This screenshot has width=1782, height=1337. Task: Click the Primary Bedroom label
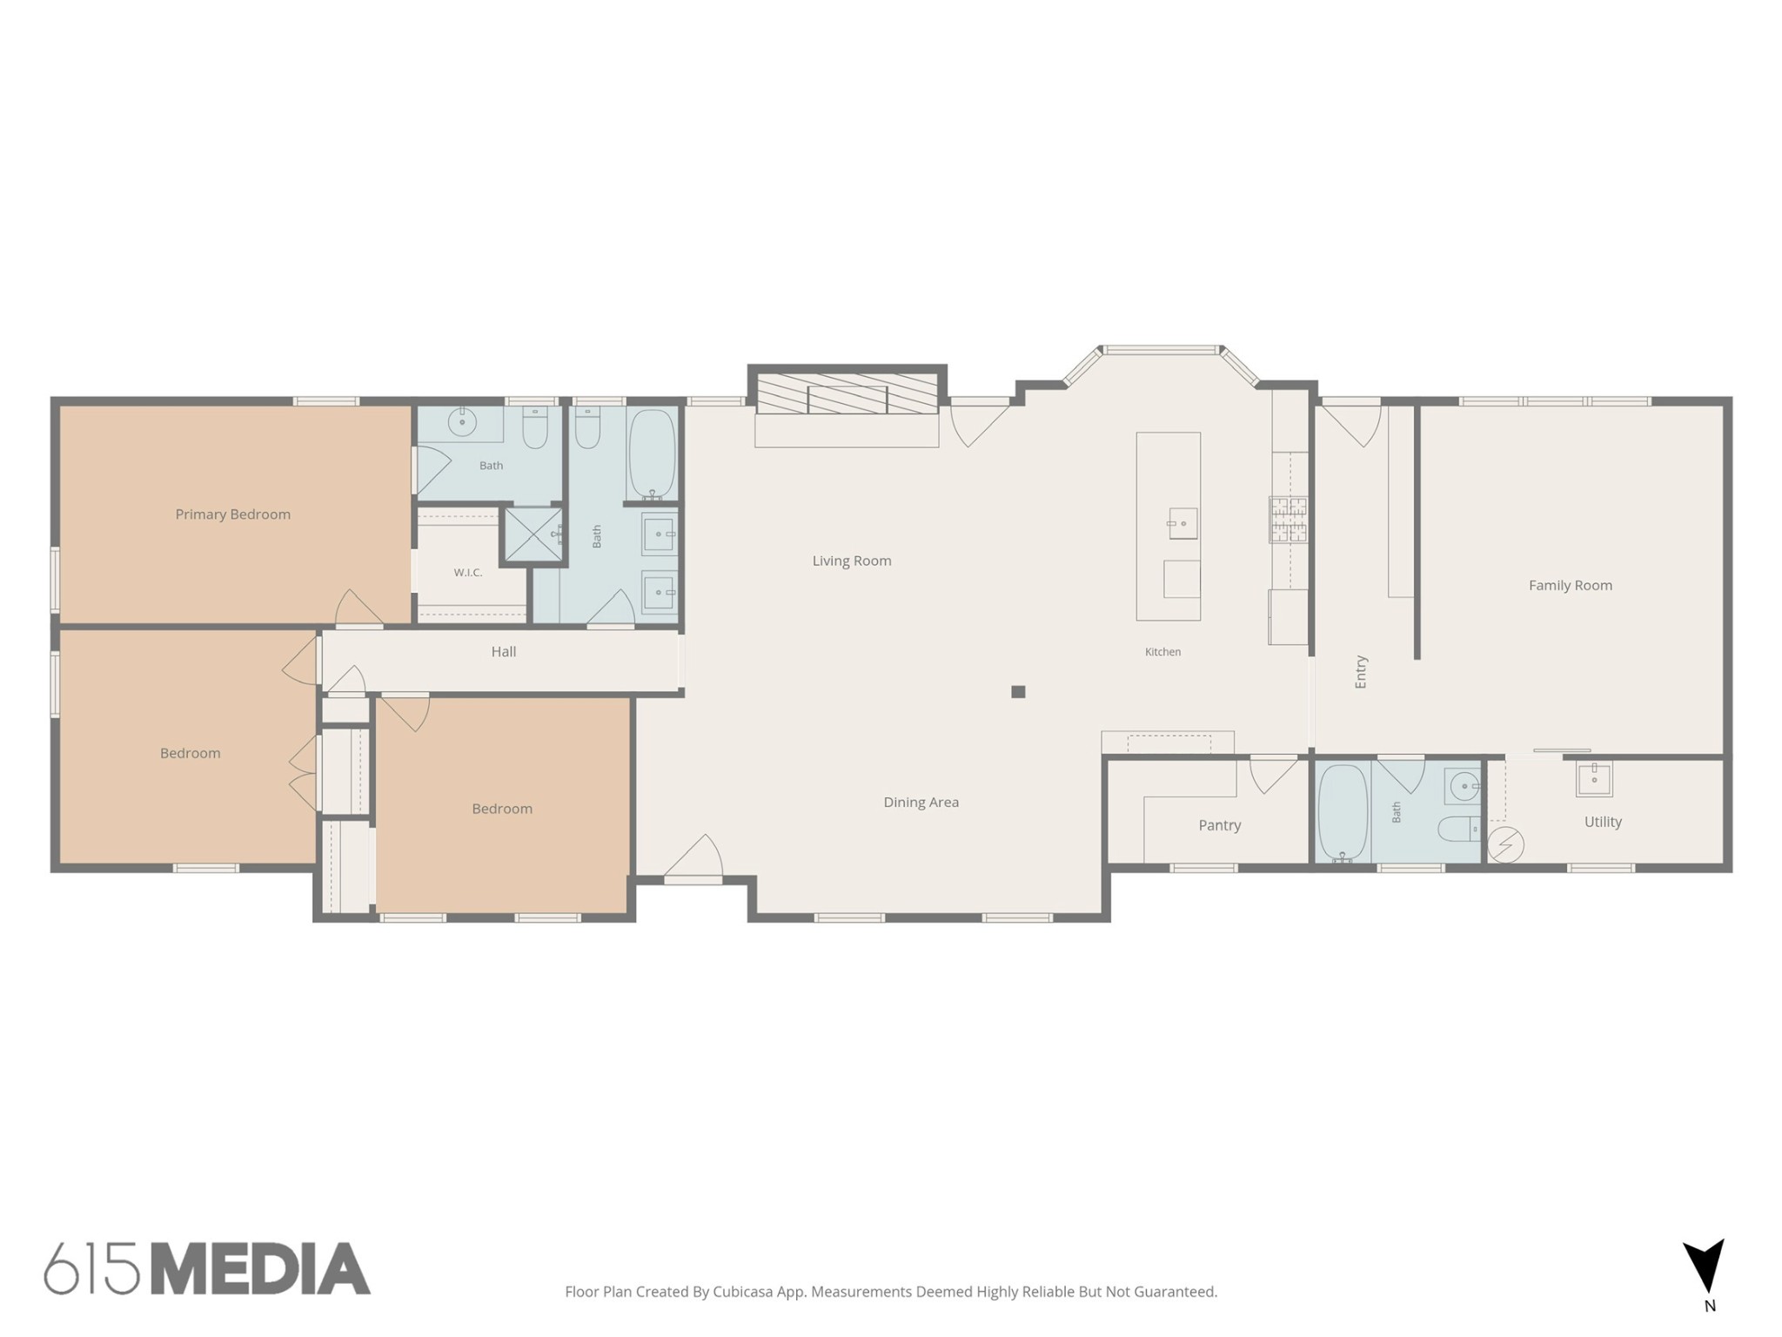(x=233, y=514)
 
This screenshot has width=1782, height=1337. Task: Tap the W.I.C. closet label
(x=468, y=573)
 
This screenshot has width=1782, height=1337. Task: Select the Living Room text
(x=852, y=561)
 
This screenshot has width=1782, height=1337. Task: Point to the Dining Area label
(x=921, y=803)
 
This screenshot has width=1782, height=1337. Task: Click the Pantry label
(x=1220, y=825)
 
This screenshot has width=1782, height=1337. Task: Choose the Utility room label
(x=1603, y=822)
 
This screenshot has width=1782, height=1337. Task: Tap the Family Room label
(x=1571, y=586)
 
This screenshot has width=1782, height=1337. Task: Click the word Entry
(x=1362, y=672)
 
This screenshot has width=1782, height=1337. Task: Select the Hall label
(x=504, y=651)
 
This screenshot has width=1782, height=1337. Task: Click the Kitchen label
(x=1163, y=652)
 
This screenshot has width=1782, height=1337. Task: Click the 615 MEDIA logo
(x=207, y=1268)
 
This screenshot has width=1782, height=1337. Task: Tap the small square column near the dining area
(x=1018, y=692)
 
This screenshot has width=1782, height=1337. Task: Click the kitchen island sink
(x=1182, y=524)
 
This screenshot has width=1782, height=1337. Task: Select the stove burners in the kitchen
(x=1288, y=520)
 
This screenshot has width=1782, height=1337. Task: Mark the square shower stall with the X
(x=533, y=534)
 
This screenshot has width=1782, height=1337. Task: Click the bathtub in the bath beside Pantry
(x=1343, y=813)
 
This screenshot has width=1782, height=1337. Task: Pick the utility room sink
(x=1594, y=779)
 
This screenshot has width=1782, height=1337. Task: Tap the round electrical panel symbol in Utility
(x=1505, y=844)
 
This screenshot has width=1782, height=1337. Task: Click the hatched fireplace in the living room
(x=847, y=394)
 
